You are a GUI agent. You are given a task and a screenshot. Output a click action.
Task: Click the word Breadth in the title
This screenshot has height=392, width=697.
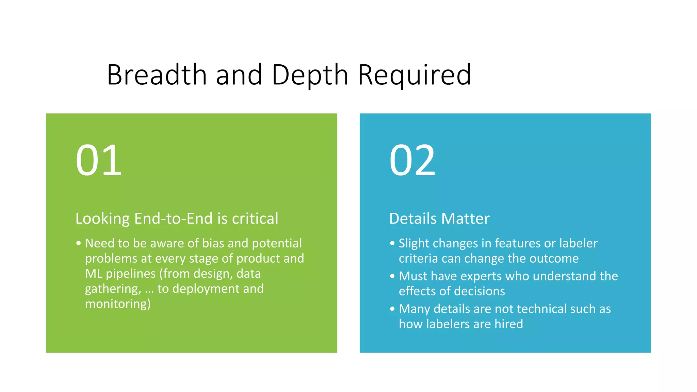click(157, 75)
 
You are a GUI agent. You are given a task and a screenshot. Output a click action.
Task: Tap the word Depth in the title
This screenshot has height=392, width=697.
click(310, 75)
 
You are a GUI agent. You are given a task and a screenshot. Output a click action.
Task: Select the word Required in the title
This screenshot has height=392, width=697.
click(415, 75)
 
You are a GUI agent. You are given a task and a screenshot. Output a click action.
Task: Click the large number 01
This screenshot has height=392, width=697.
click(98, 160)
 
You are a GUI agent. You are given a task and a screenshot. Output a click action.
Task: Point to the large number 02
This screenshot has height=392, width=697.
click(412, 160)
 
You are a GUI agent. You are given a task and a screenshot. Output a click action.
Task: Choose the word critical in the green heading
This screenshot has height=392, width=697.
click(255, 218)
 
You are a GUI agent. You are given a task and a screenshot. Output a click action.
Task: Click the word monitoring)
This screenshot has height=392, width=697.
click(118, 304)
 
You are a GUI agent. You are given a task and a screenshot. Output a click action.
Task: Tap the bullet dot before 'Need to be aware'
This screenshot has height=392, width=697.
click(79, 244)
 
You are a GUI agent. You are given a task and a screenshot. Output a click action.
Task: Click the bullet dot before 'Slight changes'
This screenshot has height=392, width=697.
click(392, 244)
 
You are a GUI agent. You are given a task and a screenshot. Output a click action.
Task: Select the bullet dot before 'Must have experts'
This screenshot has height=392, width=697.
click(392, 276)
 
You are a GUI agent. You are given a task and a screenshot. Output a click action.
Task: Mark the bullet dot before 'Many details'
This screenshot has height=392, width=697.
click(392, 309)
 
